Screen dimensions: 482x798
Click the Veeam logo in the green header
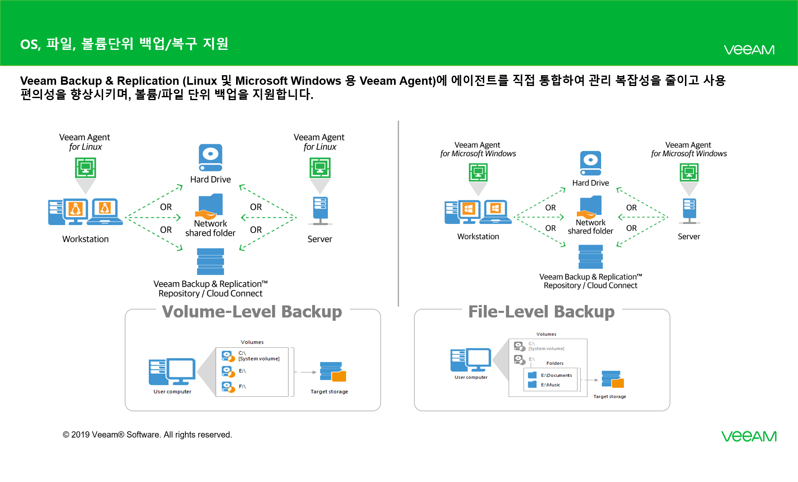point(749,50)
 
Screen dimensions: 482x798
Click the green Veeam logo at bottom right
point(749,436)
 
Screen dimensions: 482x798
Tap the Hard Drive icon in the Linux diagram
point(210,157)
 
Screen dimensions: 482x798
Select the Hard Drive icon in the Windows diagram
point(591,163)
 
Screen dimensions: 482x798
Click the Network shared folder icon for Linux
point(211,206)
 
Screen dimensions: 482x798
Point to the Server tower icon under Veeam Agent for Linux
point(320,210)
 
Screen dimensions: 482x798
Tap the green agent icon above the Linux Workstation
point(86,168)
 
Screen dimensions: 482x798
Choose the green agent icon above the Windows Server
point(689,172)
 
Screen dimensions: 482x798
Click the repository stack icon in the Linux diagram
point(210,261)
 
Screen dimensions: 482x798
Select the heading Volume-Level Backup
point(252,312)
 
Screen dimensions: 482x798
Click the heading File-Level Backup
point(541,312)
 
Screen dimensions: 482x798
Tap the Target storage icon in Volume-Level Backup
point(332,371)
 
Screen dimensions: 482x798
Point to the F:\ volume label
point(242,386)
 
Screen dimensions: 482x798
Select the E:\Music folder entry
point(550,385)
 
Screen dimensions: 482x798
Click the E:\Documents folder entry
point(556,375)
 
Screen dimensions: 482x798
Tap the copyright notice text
point(147,435)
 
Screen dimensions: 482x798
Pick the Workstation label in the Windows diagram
point(478,236)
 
